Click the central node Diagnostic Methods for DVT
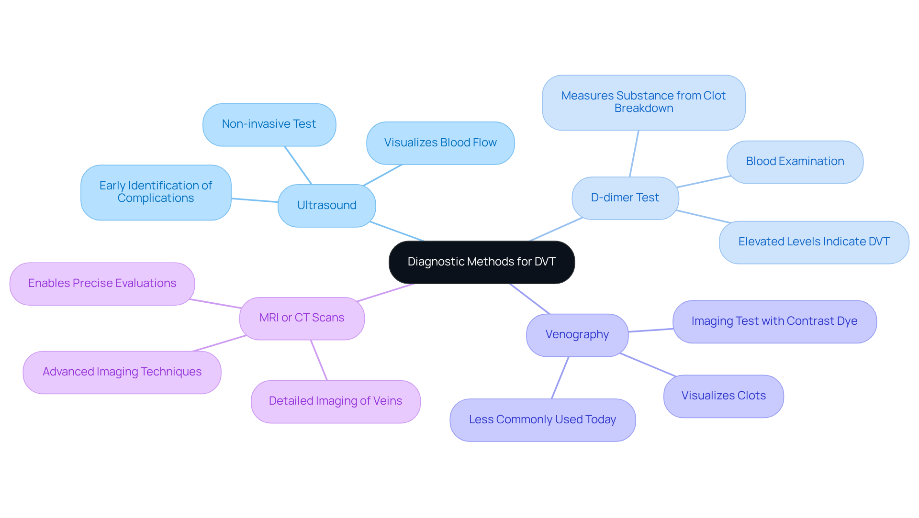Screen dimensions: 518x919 click(482, 262)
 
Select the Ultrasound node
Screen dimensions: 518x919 click(327, 206)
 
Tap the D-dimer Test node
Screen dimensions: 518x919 click(625, 198)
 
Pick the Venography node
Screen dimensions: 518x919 click(577, 335)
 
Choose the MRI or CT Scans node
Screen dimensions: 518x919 click(302, 318)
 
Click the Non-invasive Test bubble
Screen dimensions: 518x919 click(269, 124)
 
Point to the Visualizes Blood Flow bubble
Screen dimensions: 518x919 click(440, 143)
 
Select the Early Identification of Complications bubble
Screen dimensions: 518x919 click(156, 192)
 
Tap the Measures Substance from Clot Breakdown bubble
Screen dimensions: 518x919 click(644, 102)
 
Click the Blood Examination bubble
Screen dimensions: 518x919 click(795, 162)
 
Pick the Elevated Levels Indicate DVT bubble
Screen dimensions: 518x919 click(814, 242)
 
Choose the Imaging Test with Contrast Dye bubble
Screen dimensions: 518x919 click(774, 321)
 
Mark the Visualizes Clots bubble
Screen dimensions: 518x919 click(724, 396)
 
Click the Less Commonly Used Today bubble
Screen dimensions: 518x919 click(543, 420)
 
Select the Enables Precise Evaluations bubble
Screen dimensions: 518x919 click(102, 284)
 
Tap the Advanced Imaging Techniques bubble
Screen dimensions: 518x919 click(122, 372)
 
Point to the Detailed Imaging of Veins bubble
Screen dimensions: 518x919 click(336, 401)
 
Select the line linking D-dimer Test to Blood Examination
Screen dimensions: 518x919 click(704, 182)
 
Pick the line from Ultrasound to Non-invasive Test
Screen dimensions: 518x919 click(298, 165)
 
